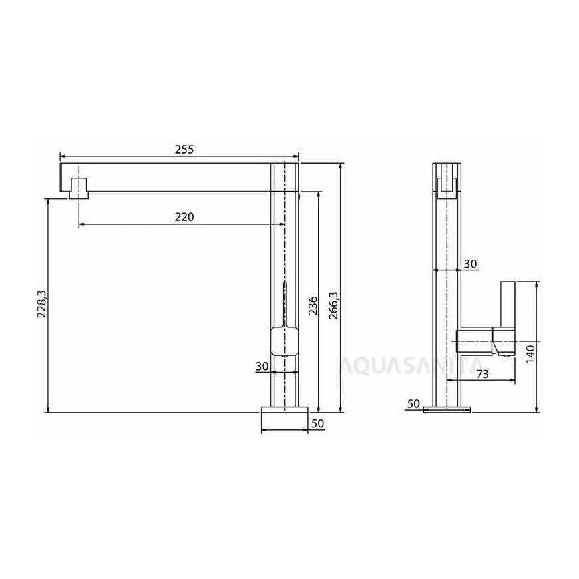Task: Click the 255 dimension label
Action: (184, 150)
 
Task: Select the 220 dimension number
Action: (184, 217)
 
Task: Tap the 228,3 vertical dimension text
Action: (41, 304)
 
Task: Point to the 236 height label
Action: (313, 305)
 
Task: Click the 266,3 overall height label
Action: (333, 305)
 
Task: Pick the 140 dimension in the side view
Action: (530, 354)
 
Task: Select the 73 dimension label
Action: (482, 374)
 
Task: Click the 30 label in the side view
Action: (470, 264)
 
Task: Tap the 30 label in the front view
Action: (262, 366)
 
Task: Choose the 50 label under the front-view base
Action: (317, 423)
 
